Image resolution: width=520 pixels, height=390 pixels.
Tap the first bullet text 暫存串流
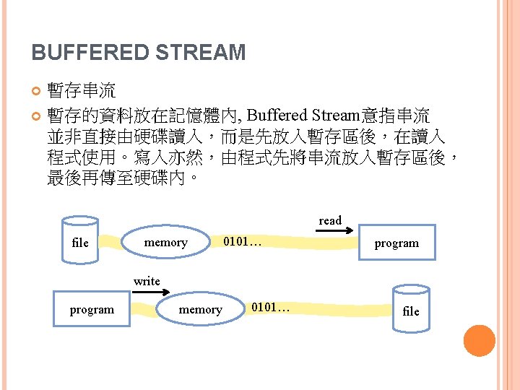(x=81, y=91)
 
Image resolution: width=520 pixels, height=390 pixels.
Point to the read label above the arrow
(x=330, y=220)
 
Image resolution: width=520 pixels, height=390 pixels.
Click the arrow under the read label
(x=334, y=232)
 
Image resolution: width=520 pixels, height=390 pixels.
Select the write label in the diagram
(x=147, y=281)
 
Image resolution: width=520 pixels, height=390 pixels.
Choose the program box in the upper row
(x=396, y=243)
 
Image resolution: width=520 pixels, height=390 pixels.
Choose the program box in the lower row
(x=92, y=309)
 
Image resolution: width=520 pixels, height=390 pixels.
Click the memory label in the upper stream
(x=165, y=243)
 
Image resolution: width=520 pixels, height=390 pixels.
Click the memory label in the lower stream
(x=200, y=309)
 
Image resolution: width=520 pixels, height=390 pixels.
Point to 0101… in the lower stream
(x=270, y=308)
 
